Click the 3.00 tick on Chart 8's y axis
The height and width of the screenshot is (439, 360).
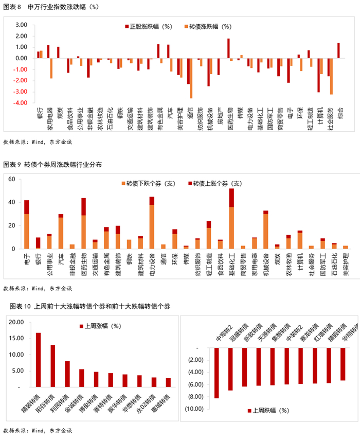(21, 25)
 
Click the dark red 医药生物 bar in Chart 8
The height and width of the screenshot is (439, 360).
(228, 48)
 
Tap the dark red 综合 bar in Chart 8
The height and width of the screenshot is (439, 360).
(338, 50)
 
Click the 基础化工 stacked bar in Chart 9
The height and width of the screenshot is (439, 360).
(231, 218)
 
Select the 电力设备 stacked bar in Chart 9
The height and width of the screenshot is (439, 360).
(152, 222)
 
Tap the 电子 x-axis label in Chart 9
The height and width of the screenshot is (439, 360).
(26, 254)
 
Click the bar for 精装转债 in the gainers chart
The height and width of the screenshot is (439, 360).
(38, 360)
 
